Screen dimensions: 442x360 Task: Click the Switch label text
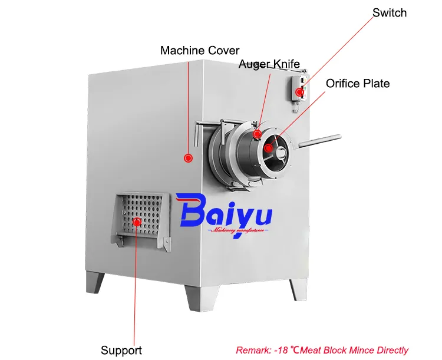click(x=390, y=13)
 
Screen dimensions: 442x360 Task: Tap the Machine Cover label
click(x=200, y=51)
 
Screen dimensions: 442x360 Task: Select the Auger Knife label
click(x=269, y=64)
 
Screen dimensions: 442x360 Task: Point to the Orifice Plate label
click(x=358, y=84)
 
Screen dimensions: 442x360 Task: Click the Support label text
click(x=121, y=350)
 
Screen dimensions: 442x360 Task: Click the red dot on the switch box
click(x=299, y=92)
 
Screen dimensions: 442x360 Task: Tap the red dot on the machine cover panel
click(x=188, y=158)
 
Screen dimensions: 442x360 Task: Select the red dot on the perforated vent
click(x=137, y=222)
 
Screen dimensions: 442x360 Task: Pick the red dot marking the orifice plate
click(x=269, y=148)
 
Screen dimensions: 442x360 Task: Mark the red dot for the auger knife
click(x=257, y=134)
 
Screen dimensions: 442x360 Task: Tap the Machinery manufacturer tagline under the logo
click(x=238, y=230)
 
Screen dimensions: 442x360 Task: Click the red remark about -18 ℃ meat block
click(x=322, y=350)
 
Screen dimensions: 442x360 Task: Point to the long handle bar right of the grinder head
click(x=320, y=141)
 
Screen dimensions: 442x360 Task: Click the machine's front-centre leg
click(x=201, y=298)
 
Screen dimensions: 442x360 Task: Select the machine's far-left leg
click(x=95, y=282)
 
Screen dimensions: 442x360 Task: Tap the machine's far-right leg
click(x=298, y=289)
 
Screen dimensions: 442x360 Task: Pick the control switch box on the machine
click(x=299, y=88)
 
